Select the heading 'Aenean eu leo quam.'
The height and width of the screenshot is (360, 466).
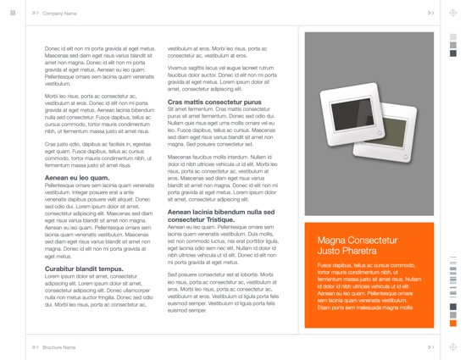(76, 178)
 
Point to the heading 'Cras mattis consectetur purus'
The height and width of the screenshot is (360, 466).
(214, 102)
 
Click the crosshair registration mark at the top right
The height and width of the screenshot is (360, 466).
(452, 13)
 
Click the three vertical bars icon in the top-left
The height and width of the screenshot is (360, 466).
(13, 13)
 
